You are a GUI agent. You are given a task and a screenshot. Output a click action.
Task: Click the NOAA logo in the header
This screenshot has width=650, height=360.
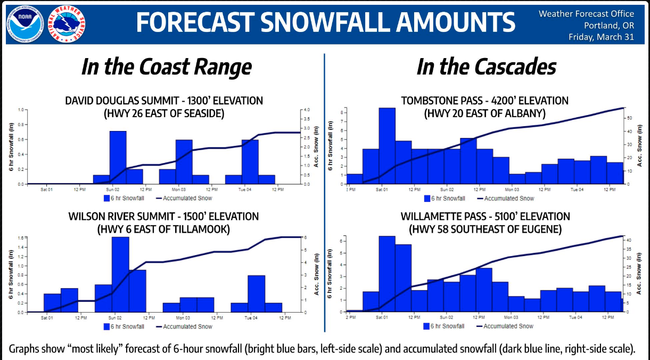(22, 23)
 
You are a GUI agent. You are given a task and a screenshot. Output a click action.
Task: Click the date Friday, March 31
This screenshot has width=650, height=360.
(601, 37)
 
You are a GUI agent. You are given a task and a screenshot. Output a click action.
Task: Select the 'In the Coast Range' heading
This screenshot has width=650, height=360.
(166, 67)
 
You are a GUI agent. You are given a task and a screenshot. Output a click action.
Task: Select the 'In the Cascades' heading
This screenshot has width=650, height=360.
(486, 67)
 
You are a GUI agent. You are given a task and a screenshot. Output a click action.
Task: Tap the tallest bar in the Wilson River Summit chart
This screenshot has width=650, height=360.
(120, 274)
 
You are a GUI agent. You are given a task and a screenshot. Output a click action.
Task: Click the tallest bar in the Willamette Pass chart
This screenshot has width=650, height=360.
(386, 274)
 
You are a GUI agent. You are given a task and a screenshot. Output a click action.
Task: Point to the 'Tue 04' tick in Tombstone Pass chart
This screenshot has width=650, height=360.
(575, 189)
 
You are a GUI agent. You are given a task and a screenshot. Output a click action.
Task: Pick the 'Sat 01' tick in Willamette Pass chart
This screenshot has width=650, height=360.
(382, 317)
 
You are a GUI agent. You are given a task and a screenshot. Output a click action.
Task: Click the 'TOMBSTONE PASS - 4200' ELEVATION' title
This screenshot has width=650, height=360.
(484, 101)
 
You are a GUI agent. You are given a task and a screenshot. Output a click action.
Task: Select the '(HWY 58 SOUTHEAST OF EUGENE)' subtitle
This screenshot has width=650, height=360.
(484, 229)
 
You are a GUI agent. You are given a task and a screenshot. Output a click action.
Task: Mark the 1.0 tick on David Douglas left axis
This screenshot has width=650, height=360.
(22, 110)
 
